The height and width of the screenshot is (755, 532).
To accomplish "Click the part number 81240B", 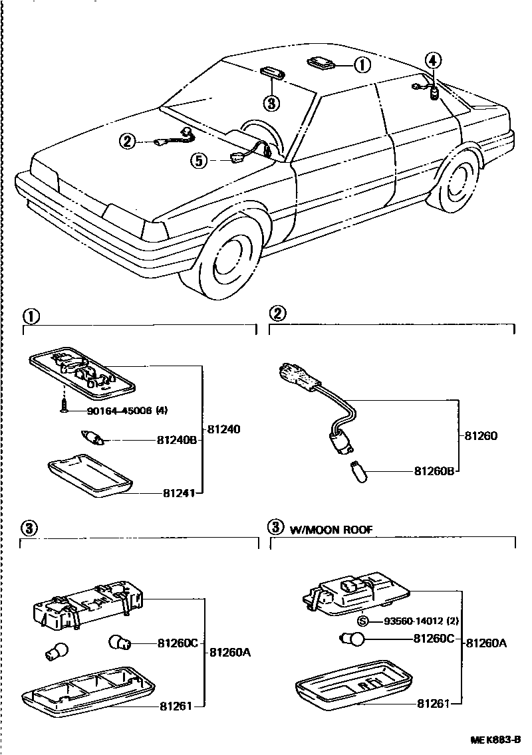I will click(178, 439).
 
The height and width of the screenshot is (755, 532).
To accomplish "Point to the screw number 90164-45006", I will click(109, 411).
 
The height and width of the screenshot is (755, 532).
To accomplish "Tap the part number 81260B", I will click(434, 471).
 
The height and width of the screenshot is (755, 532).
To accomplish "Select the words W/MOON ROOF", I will click(331, 530).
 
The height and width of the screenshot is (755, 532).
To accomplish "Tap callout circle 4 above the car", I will click(432, 61).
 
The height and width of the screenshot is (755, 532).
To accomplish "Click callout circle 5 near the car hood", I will click(198, 160).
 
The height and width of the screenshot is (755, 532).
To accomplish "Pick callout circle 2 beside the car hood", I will click(128, 140).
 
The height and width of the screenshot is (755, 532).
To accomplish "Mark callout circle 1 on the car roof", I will click(360, 65).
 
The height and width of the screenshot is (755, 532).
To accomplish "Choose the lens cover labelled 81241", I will click(90, 473).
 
